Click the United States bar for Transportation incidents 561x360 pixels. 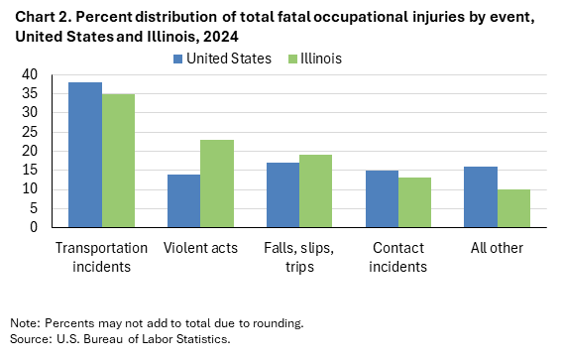point(85,155)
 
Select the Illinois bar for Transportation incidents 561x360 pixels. point(118,161)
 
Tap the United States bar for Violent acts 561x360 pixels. point(183,200)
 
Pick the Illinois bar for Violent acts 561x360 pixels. point(216,183)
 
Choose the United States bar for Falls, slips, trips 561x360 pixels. point(282,194)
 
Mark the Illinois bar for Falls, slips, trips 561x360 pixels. point(315,191)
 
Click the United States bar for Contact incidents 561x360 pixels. point(382,198)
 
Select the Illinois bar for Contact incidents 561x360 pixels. point(414,202)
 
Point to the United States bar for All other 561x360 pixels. point(481,196)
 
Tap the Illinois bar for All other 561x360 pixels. point(513,208)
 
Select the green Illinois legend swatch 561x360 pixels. point(290,59)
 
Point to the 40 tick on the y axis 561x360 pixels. point(30,74)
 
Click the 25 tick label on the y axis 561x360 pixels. point(30,132)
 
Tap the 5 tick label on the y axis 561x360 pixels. point(34,208)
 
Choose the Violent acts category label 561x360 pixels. point(200,247)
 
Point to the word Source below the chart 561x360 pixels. point(28,339)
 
